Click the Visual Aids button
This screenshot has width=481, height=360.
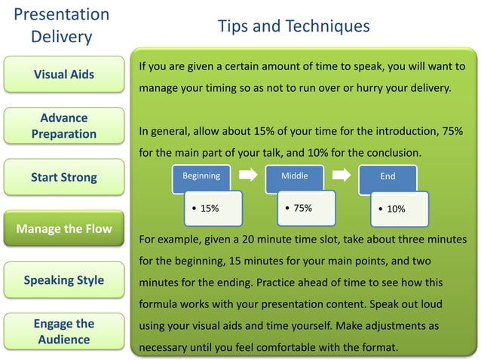coord(64,75)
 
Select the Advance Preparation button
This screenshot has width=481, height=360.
coord(64,126)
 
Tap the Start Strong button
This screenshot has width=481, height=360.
coord(64,178)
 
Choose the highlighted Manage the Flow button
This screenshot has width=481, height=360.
coord(64,229)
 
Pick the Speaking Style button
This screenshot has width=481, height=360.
coord(64,280)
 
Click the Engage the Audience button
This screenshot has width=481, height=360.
coord(64,331)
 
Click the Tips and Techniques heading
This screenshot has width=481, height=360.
coord(293,26)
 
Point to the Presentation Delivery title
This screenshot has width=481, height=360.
coord(62,26)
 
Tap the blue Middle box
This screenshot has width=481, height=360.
coord(294,176)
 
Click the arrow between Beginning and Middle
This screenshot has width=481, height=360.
coord(248,175)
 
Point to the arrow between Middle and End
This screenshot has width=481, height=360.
coord(342,175)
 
